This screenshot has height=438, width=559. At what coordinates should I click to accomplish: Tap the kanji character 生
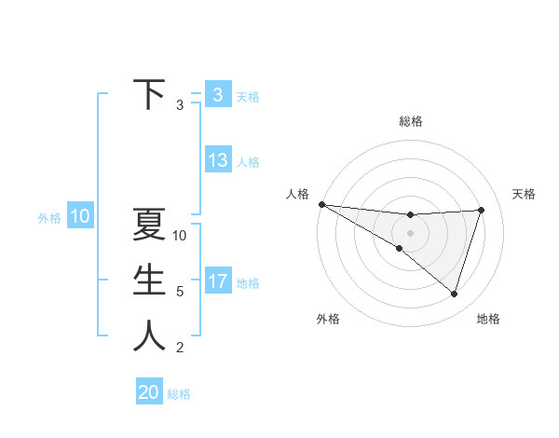tap(149, 281)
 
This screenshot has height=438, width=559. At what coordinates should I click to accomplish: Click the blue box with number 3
tap(217, 94)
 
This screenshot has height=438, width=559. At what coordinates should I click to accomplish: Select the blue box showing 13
tap(217, 160)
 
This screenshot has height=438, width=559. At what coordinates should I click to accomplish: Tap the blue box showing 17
tap(217, 281)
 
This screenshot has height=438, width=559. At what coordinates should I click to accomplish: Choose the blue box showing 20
tap(149, 392)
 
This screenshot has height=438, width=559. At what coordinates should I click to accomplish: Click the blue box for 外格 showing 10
tap(80, 217)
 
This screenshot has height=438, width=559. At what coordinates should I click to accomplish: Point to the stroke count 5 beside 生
tap(180, 292)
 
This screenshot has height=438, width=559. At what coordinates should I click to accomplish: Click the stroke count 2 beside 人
tap(180, 348)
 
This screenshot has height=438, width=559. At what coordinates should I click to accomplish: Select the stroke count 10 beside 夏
tap(180, 236)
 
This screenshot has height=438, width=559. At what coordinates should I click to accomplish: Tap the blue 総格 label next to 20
tap(179, 394)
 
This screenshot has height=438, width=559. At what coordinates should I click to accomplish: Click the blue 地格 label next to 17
tap(248, 282)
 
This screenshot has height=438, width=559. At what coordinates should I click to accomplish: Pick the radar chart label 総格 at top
tap(410, 121)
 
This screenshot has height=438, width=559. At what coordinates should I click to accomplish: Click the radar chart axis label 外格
tap(327, 319)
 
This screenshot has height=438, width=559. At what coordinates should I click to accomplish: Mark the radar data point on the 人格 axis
tap(321, 204)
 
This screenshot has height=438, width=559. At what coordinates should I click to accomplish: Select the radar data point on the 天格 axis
tap(482, 210)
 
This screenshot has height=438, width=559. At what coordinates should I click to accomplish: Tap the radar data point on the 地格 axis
tap(454, 294)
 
